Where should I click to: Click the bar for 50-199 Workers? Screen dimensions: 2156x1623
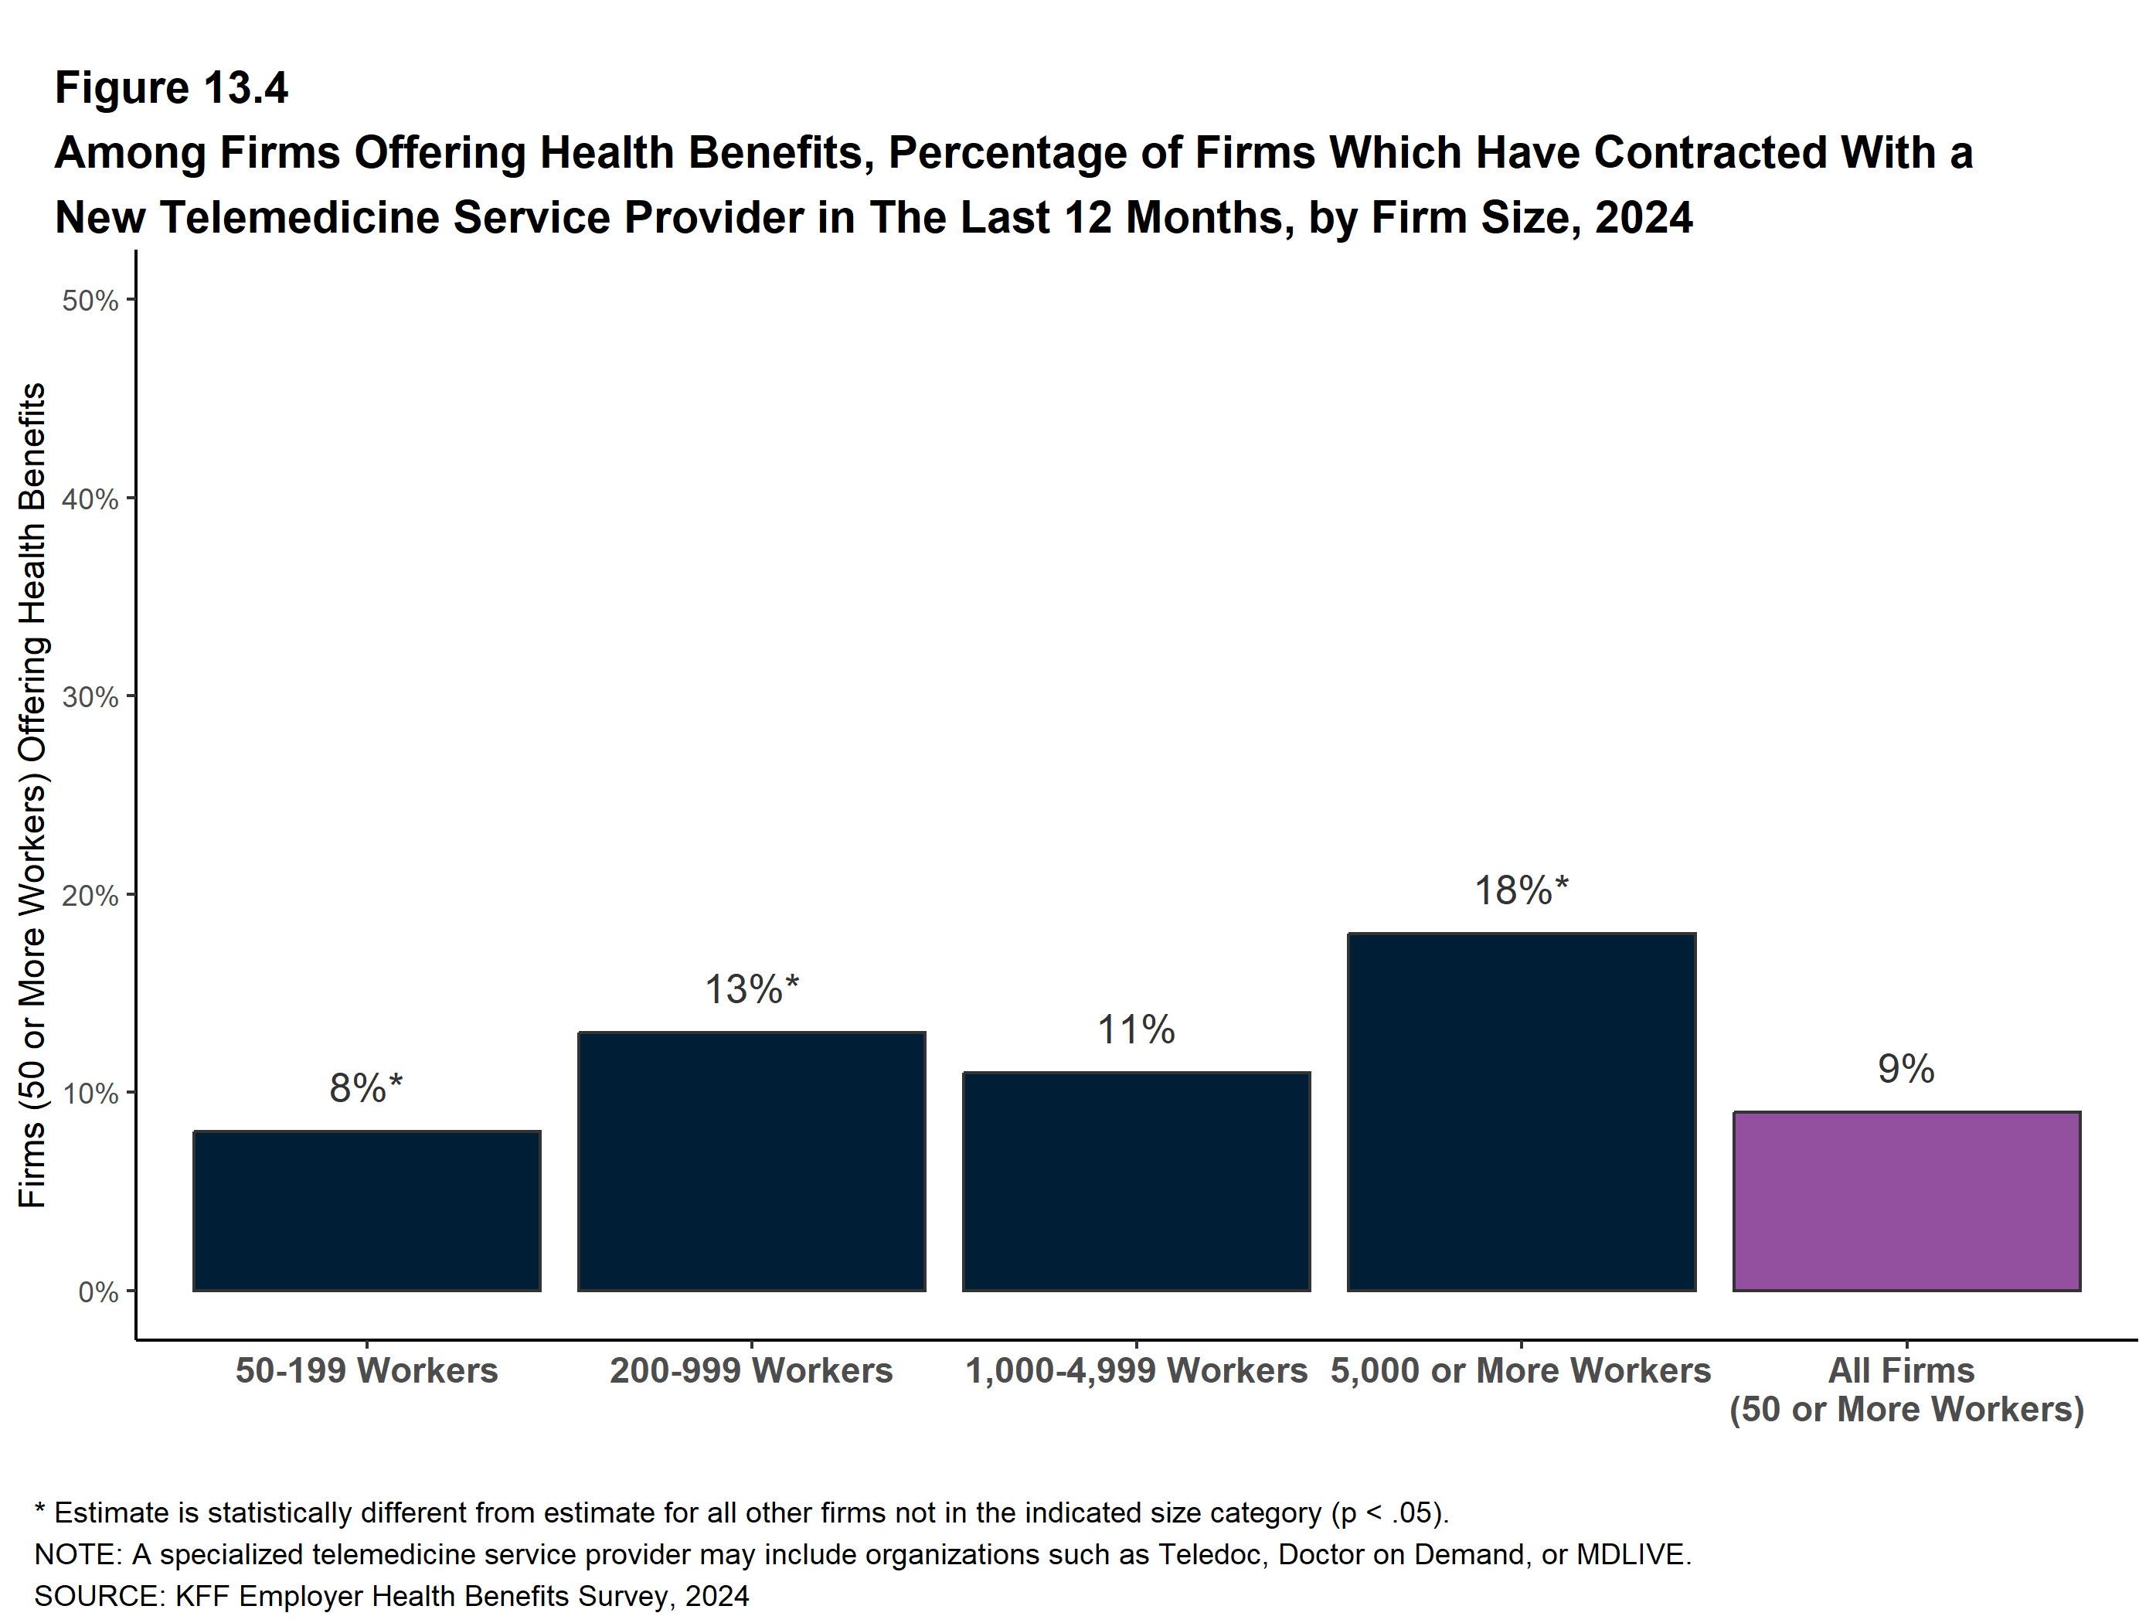coord(366,1210)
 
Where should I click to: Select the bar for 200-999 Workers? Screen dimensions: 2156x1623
coord(751,1161)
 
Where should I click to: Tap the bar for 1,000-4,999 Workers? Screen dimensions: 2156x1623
coord(1137,1182)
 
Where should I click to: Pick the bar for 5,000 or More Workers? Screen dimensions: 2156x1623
coord(1522,1112)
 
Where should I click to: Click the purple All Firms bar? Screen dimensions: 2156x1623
coord(1906,1201)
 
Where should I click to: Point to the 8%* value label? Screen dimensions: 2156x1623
coord(366,1088)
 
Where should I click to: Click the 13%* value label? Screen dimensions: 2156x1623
coord(751,989)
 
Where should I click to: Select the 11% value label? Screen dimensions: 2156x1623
coord(1137,1029)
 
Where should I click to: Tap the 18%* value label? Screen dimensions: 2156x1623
coord(1522,890)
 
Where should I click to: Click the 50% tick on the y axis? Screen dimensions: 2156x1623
coord(90,300)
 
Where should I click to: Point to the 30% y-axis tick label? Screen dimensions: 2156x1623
coord(90,697)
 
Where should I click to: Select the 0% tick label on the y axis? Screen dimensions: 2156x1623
coord(98,1291)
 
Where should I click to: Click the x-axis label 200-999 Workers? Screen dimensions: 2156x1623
coord(751,1370)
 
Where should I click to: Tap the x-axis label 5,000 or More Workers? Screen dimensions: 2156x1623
coord(1522,1370)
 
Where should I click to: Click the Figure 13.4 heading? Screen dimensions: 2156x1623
coord(172,88)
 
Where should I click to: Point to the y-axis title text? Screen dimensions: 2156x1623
coord(32,794)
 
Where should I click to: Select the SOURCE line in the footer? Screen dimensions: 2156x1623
coord(392,1596)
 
